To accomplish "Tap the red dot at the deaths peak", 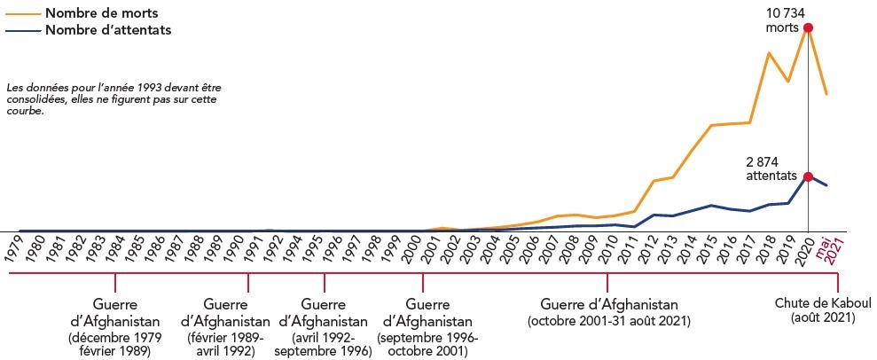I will [x=808, y=27].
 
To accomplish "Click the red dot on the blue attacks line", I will [x=808, y=176].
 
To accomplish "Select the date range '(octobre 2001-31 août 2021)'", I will [x=608, y=319].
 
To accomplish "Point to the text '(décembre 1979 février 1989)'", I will [x=114, y=344].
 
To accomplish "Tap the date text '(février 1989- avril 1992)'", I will [x=225, y=344].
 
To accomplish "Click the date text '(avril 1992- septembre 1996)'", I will [x=323, y=344].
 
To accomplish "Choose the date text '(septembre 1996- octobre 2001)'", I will [x=427, y=344].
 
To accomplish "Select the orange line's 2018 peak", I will [x=769, y=53].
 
